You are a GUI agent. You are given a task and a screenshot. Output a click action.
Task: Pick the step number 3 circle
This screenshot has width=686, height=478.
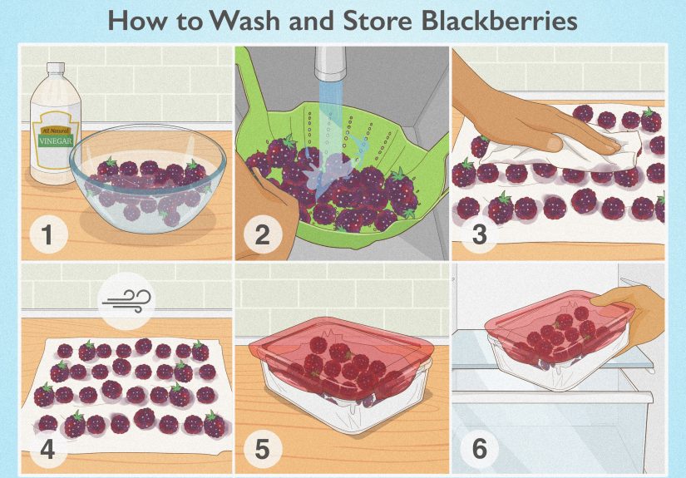(x=478, y=235)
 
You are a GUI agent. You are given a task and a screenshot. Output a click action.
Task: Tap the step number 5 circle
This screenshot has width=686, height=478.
(x=263, y=450)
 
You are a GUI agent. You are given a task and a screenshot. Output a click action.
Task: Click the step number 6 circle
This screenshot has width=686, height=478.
(x=478, y=450)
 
